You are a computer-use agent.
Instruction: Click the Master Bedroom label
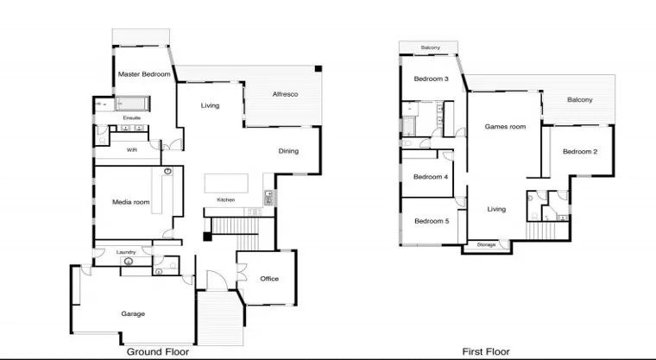(x=143, y=75)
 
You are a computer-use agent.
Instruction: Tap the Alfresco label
(x=285, y=93)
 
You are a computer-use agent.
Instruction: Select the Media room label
(x=130, y=202)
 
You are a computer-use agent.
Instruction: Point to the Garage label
(x=132, y=313)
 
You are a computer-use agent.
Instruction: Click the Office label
(x=269, y=279)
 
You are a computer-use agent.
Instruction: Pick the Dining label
(x=288, y=152)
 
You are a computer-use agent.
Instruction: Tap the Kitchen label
(x=226, y=200)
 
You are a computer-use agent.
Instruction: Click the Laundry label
(x=125, y=252)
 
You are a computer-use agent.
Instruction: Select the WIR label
(x=132, y=149)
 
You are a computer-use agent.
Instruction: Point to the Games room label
(x=505, y=127)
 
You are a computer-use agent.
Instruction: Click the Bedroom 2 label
(x=580, y=152)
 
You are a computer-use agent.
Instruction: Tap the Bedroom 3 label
(x=431, y=79)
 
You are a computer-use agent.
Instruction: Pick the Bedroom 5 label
(x=431, y=221)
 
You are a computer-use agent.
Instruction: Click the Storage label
(x=487, y=245)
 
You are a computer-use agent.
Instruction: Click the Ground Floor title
(x=158, y=351)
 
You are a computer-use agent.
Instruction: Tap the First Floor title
(x=486, y=351)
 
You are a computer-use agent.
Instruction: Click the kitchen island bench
(x=226, y=184)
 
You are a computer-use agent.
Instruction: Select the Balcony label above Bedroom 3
(x=431, y=47)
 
